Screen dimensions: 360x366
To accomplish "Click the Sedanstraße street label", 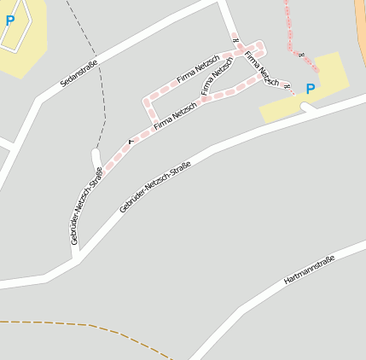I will point(79,73).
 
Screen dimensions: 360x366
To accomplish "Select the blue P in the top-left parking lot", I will point(9,20).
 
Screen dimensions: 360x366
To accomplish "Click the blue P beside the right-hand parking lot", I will point(310,89).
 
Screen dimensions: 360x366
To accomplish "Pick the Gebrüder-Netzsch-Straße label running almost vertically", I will point(87,206).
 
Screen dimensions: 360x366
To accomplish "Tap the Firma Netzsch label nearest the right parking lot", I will point(261,69).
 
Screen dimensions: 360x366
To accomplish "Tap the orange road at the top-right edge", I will point(360,34).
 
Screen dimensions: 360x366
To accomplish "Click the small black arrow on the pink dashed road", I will point(131,140).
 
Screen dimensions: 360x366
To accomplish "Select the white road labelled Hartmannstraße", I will point(256,299).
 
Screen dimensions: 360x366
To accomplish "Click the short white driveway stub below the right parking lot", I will point(309,107).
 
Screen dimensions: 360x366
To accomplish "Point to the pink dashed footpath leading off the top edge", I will point(290,26).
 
